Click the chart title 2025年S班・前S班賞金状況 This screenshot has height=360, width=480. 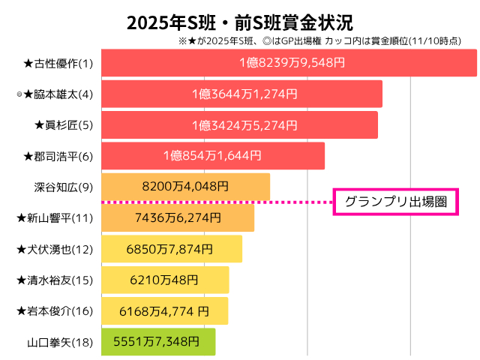(240, 22)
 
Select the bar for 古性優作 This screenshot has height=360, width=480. (288, 63)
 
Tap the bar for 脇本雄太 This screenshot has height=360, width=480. (241, 94)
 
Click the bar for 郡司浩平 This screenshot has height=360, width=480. (212, 156)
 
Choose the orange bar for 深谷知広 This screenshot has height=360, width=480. (184, 187)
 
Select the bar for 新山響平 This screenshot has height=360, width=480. (177, 217)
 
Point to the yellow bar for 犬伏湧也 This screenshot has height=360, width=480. (171, 248)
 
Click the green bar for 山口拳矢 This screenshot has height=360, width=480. (157, 341)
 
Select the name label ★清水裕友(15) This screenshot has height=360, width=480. (54, 280)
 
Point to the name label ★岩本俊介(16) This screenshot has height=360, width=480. (54, 310)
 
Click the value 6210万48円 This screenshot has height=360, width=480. (163, 280)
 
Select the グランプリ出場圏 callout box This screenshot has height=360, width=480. (395, 202)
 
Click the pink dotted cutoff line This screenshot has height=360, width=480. (217, 202)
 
